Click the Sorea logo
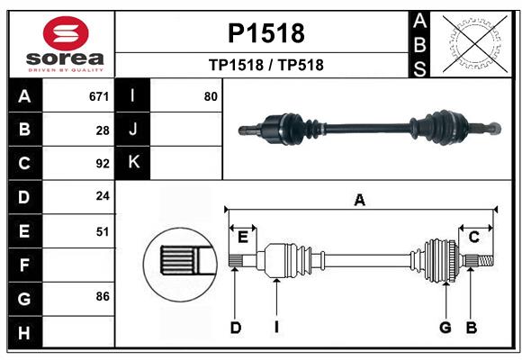click(x=66, y=45)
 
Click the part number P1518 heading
click(x=265, y=34)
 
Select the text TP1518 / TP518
click(x=265, y=65)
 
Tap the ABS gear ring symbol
click(x=472, y=43)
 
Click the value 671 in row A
click(x=99, y=96)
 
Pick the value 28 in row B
click(x=103, y=130)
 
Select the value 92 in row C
click(x=103, y=164)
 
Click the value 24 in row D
click(x=103, y=197)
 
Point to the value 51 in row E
click(x=103, y=231)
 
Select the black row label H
click(x=24, y=332)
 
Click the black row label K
click(x=133, y=163)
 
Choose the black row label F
click(x=24, y=265)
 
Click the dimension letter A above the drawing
click(x=360, y=201)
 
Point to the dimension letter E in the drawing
click(x=243, y=237)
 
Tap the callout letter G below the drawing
click(x=445, y=328)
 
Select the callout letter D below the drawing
click(x=235, y=328)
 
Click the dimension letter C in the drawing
click(x=473, y=237)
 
